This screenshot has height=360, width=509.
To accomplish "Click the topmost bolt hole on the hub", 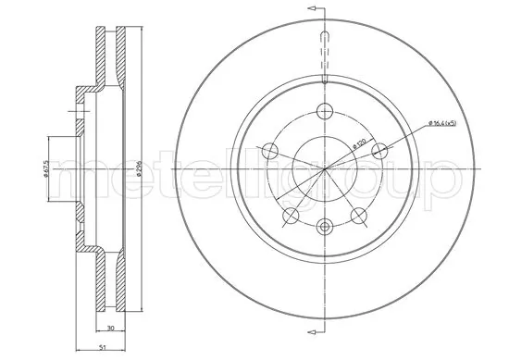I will click(x=324, y=112).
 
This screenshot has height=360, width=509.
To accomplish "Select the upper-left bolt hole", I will click(x=268, y=152).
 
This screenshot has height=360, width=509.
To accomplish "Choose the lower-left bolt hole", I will click(x=290, y=217).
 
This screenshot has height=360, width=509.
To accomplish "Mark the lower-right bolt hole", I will click(x=357, y=217).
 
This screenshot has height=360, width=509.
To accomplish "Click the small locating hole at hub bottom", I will click(x=324, y=226).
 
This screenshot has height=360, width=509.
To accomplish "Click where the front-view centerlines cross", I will click(x=324, y=169).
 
